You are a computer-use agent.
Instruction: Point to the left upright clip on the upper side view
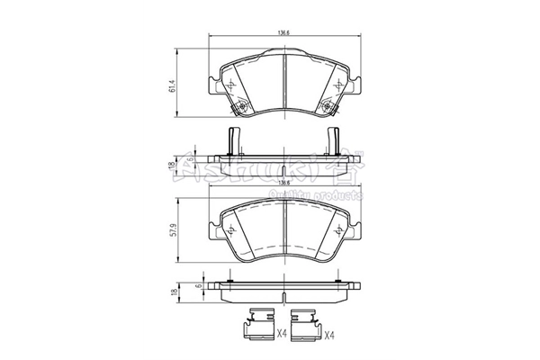point(232,141)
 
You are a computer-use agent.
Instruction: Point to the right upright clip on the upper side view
point(333,141)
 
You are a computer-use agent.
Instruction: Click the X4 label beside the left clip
point(282,334)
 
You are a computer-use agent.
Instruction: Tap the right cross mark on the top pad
point(338,85)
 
